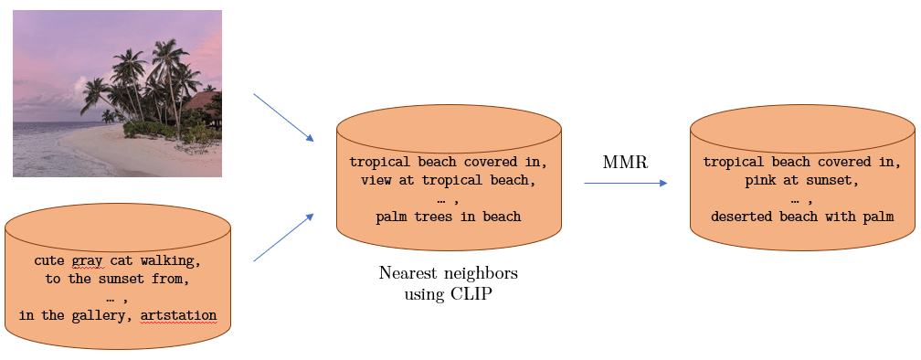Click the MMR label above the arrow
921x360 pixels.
625,163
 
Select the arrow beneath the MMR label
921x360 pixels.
625,184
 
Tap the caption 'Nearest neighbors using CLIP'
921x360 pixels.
448,283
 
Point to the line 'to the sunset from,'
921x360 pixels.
118,279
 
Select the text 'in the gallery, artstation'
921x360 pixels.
118,316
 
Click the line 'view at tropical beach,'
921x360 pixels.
448,180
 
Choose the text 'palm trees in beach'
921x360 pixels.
448,217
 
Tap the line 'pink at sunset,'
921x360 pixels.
801,180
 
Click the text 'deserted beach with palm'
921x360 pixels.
801,217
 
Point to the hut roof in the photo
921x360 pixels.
203,100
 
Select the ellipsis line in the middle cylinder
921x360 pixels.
448,199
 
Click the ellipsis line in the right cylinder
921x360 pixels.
801,199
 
